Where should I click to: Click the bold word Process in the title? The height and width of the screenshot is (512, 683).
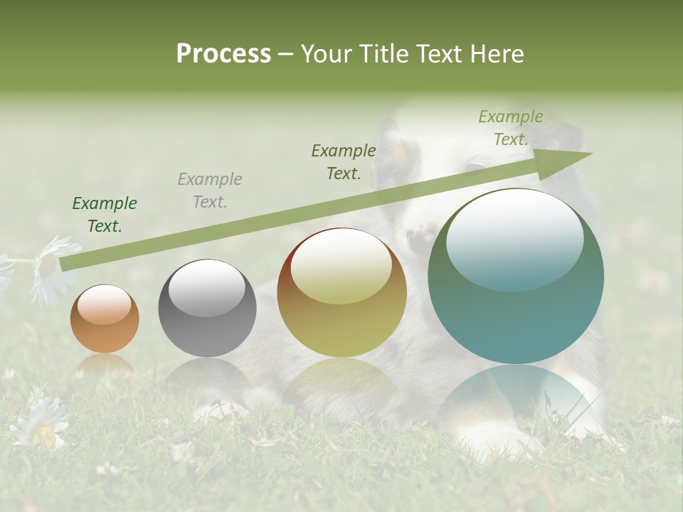click(x=223, y=54)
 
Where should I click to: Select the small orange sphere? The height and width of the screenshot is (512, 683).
click(x=105, y=319)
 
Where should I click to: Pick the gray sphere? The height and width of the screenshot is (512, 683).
click(x=207, y=309)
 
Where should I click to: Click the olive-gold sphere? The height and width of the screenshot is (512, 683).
click(x=342, y=292)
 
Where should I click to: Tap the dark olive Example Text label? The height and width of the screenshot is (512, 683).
click(x=344, y=162)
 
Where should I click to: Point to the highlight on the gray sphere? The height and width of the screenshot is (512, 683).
click(x=206, y=286)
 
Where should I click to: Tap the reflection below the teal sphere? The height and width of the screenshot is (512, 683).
click(x=516, y=398)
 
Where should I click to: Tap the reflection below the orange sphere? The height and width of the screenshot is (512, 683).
click(x=105, y=366)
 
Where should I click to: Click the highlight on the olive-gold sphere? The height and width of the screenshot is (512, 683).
click(x=341, y=266)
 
